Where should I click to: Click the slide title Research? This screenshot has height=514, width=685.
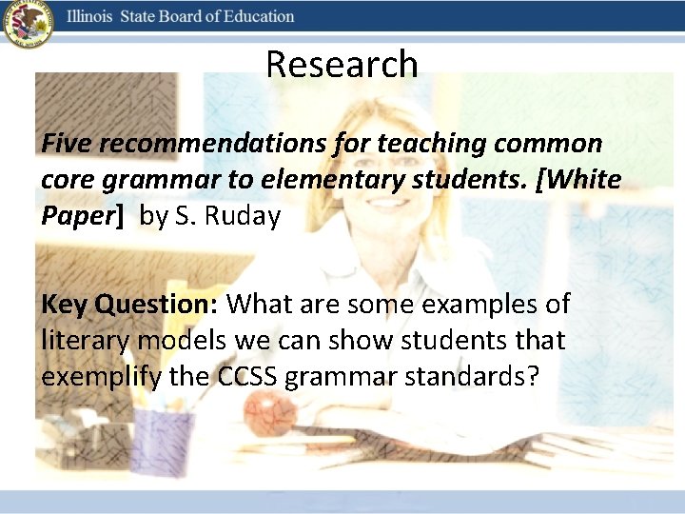pos(342,65)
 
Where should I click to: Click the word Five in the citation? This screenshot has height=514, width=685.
pos(67,144)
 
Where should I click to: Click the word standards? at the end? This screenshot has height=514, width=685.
pos(464,377)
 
